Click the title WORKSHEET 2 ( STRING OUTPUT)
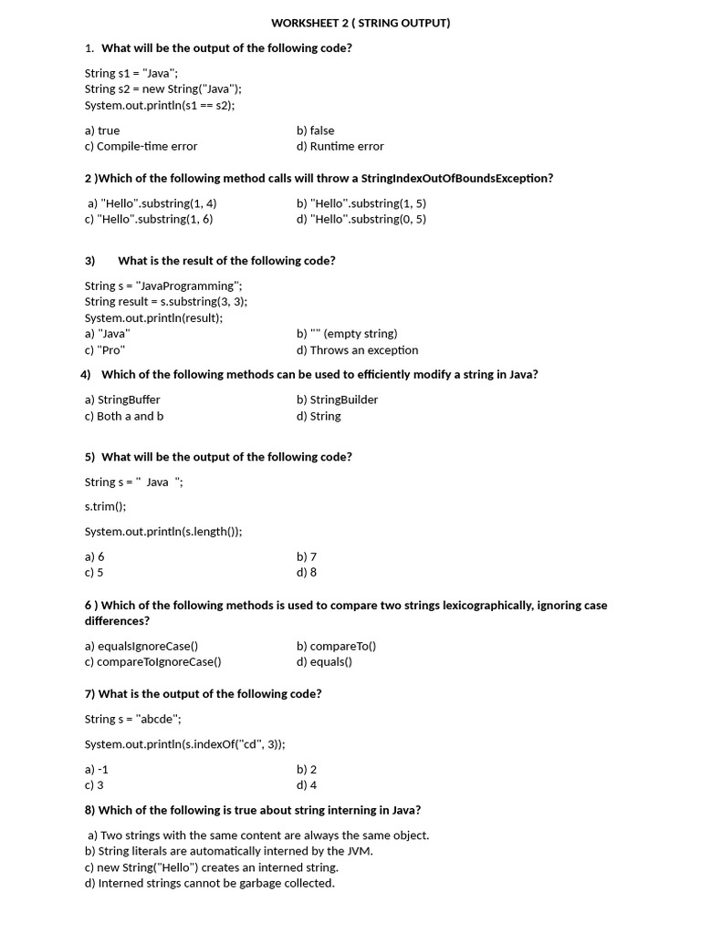361,23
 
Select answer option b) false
316,130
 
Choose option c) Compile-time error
141,146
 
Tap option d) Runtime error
340,146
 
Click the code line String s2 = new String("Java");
163,88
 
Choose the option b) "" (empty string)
347,334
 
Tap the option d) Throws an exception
357,350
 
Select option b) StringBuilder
337,400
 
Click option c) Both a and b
124,416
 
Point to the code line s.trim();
106,506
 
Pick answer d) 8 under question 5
307,573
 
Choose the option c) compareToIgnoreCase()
153,662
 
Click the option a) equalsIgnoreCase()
141,646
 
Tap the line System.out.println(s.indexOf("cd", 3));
185,744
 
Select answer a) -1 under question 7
97,769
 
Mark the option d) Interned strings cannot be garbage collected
210,883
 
